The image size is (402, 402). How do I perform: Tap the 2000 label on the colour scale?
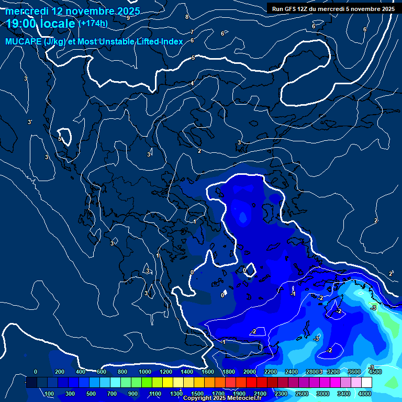pos(249,372)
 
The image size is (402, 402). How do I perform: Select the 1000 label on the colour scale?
pos(144,372)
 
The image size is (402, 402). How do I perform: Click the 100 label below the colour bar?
pos(50,394)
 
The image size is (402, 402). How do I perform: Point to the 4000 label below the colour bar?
pos(365,394)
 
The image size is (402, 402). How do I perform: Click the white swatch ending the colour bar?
pos(367,383)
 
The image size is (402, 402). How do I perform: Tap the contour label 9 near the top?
pos(128,18)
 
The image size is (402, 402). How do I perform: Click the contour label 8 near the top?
pos(187,17)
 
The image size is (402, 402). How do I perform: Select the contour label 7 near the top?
pos(192,32)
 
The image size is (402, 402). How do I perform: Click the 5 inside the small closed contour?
pos(60,139)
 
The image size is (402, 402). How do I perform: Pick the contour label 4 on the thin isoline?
pos(192,84)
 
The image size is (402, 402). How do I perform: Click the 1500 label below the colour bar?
pos(197,394)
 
